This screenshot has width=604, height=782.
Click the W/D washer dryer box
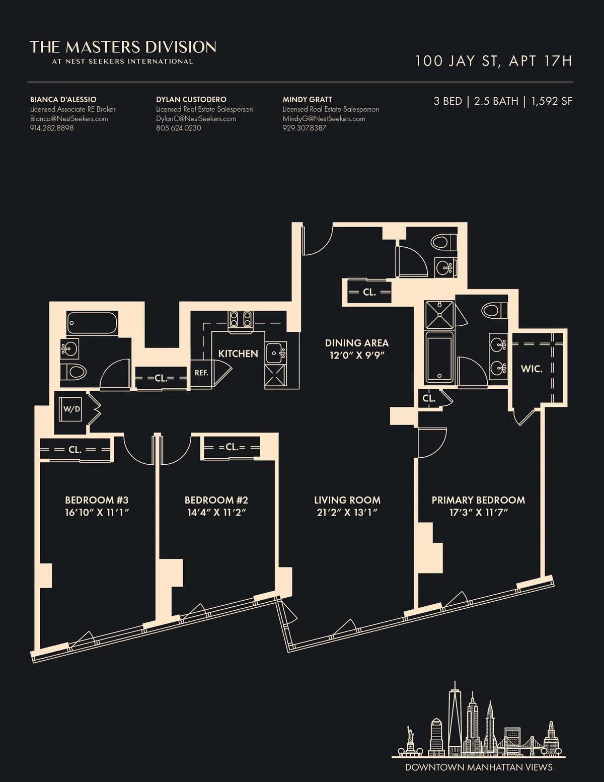tap(71, 409)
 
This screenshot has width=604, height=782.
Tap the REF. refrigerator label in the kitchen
tap(201, 373)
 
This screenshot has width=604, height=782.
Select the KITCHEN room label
tap(238, 353)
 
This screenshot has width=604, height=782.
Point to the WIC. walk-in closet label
tap(532, 369)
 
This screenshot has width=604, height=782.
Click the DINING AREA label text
tap(357, 343)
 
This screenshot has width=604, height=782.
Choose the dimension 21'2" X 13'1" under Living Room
tap(347, 513)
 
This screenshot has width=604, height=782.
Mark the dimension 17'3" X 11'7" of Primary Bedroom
tap(478, 513)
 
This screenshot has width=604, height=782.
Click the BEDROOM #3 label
tap(97, 500)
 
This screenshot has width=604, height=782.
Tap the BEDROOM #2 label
tap(216, 500)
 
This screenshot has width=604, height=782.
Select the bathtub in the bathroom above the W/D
tap(92, 323)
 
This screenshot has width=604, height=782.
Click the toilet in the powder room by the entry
tap(440, 242)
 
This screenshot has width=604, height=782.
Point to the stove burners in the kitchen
tap(241, 319)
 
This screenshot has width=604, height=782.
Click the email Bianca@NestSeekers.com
tap(69, 119)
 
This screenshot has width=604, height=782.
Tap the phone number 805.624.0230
tap(179, 128)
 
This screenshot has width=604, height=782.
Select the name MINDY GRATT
tap(307, 99)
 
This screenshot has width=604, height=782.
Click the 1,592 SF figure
tap(552, 101)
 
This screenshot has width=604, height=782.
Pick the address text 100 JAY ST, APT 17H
tap(493, 61)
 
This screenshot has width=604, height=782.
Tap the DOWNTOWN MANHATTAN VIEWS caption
tap(479, 767)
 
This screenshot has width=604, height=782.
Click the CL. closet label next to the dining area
tap(369, 292)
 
